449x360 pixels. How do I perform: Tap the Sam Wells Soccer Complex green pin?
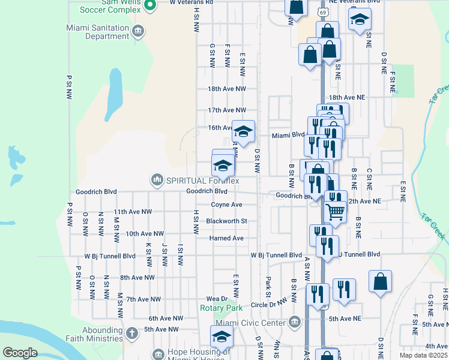151,6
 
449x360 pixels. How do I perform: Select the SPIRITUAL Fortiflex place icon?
157,179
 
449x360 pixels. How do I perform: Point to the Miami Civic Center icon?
294,321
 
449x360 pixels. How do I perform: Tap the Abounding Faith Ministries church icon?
132,332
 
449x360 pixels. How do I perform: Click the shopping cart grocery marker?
335,211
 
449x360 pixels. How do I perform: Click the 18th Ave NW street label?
227,89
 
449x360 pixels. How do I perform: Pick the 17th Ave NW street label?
227,110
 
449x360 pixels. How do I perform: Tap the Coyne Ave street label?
226,205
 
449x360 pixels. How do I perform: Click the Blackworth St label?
226,221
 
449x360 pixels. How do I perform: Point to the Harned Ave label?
226,238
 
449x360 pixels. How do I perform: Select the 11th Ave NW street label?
133,212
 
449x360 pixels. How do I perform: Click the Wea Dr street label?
217,298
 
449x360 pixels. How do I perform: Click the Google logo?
20,352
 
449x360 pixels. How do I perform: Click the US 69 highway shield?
323,12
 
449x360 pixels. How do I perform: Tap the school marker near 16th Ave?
243,131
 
